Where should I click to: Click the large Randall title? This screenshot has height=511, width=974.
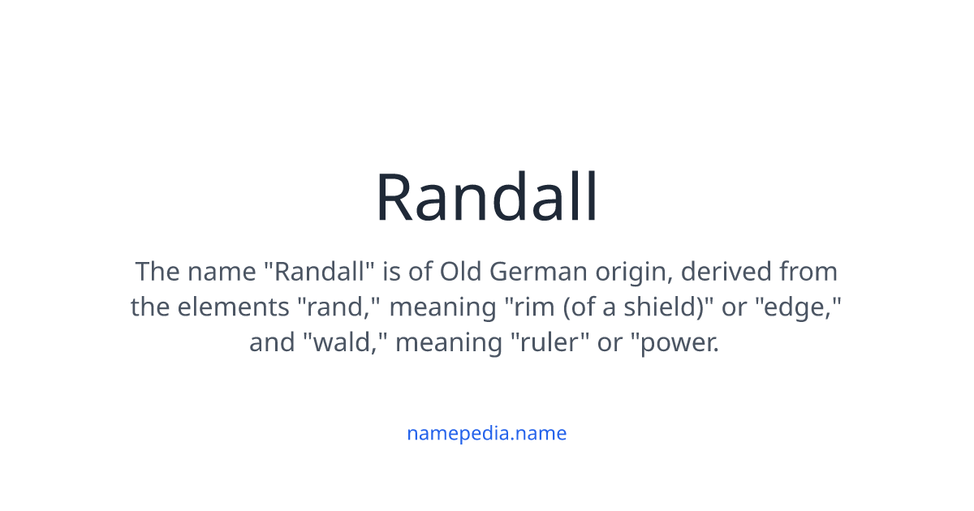pyautogui.click(x=487, y=197)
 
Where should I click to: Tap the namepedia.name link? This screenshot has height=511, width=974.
pyautogui.click(x=486, y=433)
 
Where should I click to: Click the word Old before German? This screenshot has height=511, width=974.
pyautogui.click(x=460, y=271)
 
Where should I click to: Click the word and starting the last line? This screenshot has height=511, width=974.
pyautogui.click(x=273, y=343)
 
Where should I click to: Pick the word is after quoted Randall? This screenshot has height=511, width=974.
pyautogui.click(x=391, y=271)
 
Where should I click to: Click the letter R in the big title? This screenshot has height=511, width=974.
pyautogui.click(x=397, y=199)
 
